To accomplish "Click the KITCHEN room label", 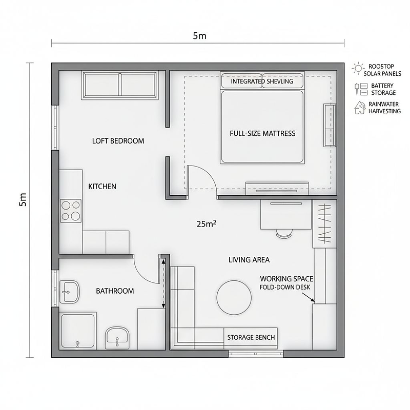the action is pos(102,187).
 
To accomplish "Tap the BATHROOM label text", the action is pos(115,291).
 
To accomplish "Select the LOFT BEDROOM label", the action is pos(118,141).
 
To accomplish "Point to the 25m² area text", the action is pos(207,223).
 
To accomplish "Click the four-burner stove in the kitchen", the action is pos(71,211).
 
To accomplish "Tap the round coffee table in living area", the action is pos(234,298).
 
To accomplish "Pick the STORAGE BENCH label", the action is pos(251,337).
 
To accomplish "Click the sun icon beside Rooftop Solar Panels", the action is pos(358,69).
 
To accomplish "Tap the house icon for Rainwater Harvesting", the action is pos(360,108).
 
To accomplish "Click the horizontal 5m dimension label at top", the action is pos(199,35).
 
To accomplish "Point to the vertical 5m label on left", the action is pos(23,199).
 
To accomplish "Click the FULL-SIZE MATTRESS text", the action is pos(262,134).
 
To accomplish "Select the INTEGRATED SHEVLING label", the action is pos(262,81).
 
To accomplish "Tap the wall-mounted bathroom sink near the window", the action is pos(70,292).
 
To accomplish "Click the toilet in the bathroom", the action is pos(117,337).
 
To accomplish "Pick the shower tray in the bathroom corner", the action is pos(78,331).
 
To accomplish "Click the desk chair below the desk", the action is pos(284,233).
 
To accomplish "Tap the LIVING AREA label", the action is pos(249,260).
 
